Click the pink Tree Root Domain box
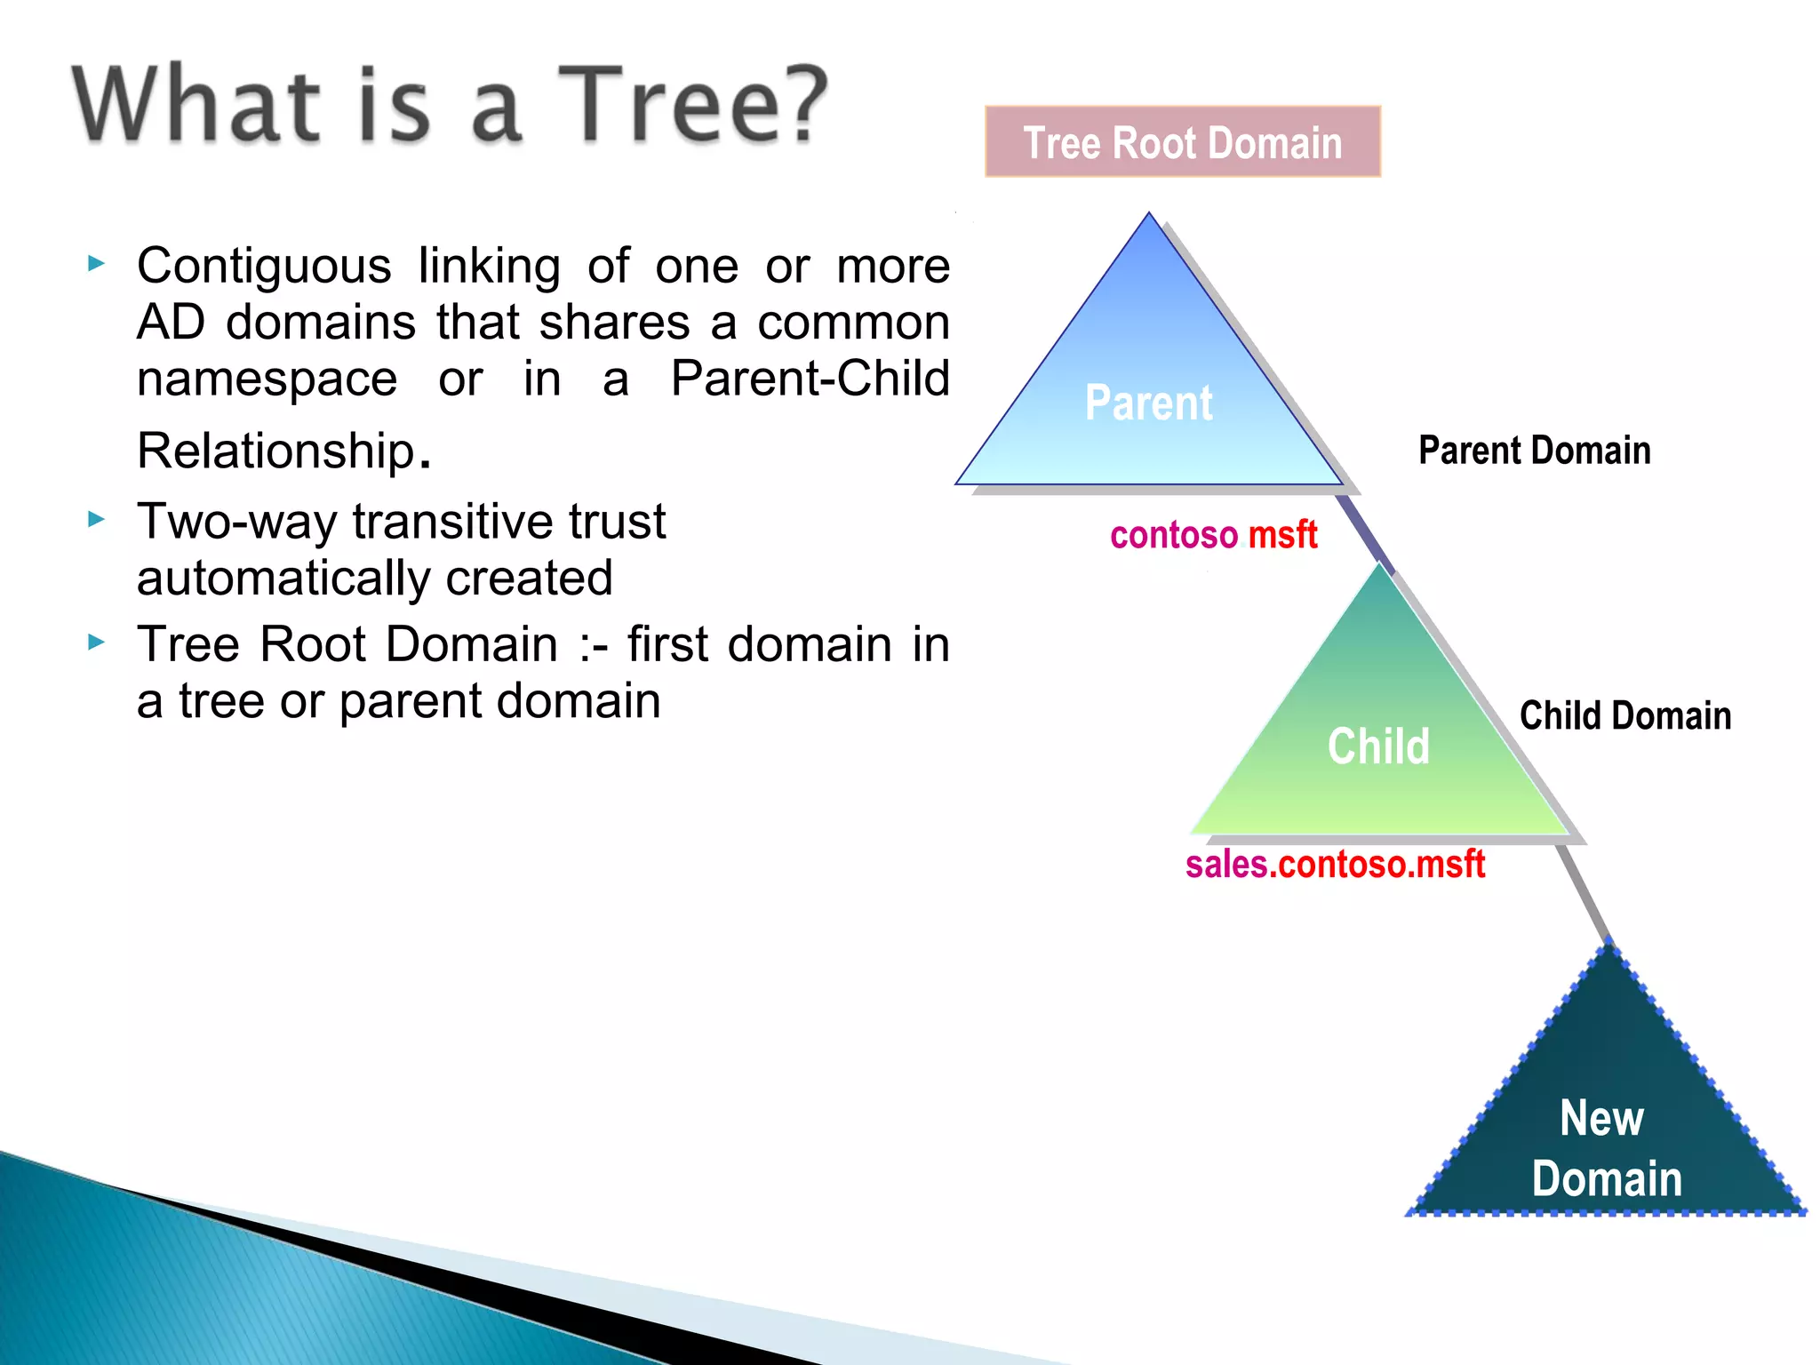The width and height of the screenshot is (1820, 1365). coord(1182,142)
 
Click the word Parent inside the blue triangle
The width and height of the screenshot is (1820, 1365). coord(1148,403)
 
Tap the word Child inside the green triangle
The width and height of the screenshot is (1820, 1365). coord(1378,746)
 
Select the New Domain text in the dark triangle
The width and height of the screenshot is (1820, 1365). coord(1605,1148)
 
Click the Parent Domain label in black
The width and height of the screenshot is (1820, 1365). coord(1534,451)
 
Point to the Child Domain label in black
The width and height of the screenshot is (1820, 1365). coord(1624,715)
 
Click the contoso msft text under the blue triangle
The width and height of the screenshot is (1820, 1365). coord(1213,535)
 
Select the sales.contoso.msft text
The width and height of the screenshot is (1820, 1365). coord(1335,864)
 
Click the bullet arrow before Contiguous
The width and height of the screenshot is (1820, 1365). coord(97,264)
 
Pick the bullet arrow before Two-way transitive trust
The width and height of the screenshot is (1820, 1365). coord(97,520)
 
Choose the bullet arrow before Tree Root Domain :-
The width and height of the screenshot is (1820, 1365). coord(97,643)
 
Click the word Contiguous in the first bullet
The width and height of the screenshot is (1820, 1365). coord(264,266)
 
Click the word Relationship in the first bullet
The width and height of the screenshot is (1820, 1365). coord(276,451)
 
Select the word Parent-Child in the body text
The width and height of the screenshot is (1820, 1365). coord(809,379)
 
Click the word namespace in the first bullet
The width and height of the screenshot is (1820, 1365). coord(267,379)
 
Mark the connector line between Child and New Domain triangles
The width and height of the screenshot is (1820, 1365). coord(1585,893)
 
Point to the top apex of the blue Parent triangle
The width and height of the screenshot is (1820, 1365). coord(1148,217)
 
